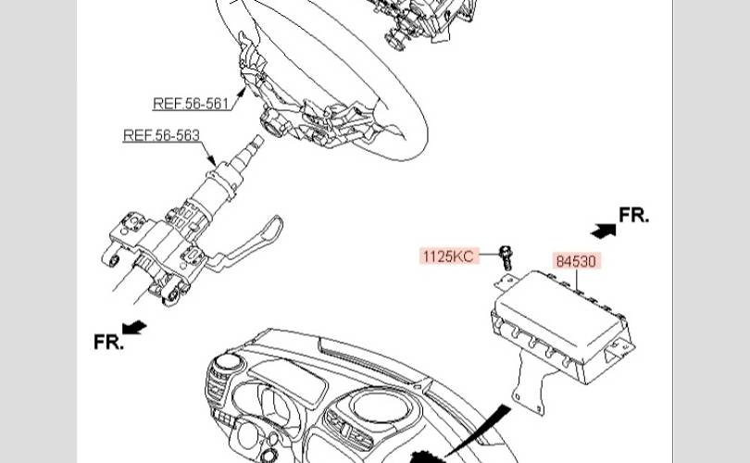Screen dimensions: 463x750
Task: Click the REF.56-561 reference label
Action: point(191,104)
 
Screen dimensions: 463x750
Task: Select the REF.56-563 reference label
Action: point(161,136)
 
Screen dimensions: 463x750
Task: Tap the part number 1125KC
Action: point(449,256)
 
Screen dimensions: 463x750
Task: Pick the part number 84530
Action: point(576,261)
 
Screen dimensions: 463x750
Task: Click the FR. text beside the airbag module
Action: point(633,216)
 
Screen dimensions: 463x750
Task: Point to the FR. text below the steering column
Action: point(107,342)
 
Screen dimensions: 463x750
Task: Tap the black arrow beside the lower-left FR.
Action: point(135,327)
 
